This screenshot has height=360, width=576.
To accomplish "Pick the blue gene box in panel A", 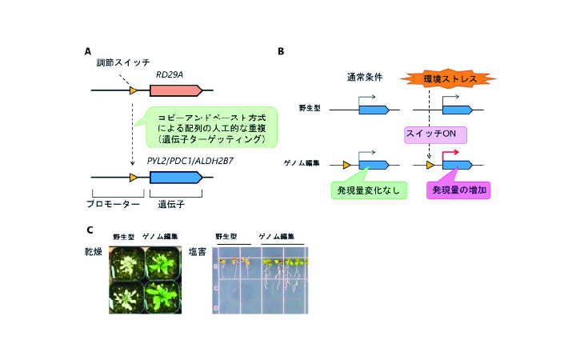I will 176,176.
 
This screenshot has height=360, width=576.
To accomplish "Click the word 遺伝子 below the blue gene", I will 169,205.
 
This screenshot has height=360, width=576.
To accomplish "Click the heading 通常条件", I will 362,78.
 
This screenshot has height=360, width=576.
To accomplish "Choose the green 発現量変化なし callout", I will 368,190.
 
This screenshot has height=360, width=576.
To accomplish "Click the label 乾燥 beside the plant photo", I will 94,252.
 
